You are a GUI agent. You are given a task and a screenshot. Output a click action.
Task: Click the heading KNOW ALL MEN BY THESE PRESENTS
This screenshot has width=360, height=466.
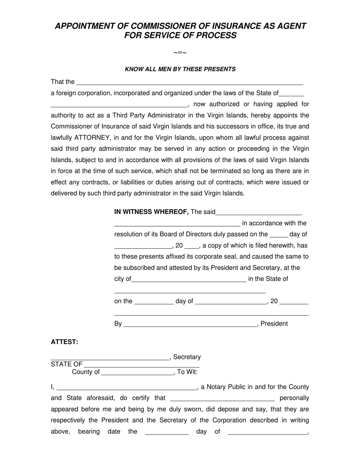pyautogui.click(x=180, y=69)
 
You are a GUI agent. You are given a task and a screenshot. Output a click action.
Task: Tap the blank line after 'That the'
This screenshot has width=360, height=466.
pyautogui.click(x=189, y=82)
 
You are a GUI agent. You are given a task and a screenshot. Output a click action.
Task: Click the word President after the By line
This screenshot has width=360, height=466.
pyautogui.click(x=274, y=324)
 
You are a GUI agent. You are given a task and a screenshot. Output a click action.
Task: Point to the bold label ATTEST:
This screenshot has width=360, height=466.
pyautogui.click(x=64, y=342)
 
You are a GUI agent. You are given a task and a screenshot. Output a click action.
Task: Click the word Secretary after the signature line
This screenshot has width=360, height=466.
pyautogui.click(x=187, y=357)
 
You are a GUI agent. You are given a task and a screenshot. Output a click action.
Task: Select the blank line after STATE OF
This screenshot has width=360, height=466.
pyautogui.click(x=141, y=365)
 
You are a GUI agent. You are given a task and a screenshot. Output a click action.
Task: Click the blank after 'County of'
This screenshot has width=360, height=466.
pyautogui.click(x=138, y=372)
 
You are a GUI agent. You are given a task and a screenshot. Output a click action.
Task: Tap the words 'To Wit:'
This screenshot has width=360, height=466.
pyautogui.click(x=187, y=372)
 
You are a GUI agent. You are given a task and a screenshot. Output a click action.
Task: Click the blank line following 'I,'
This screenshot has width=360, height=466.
pyautogui.click(x=127, y=388)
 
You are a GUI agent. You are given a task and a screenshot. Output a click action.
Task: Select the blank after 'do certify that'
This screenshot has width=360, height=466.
pyautogui.click(x=222, y=399)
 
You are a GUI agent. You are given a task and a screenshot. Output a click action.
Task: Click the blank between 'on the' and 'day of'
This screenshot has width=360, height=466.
pyautogui.click(x=154, y=302)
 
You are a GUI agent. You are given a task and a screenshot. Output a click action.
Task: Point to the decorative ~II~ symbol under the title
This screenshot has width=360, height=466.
pyautogui.click(x=180, y=53)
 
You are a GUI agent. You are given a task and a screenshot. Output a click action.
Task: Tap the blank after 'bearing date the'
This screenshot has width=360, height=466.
pyautogui.click(x=166, y=432)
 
